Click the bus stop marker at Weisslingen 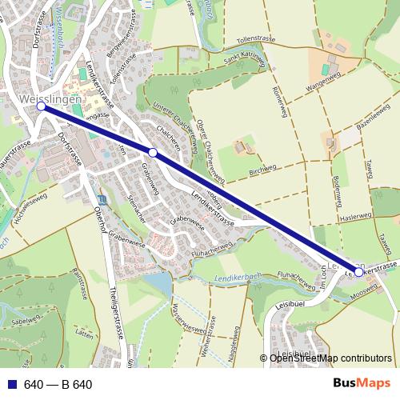pos(41,106)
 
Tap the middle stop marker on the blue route pos(152,151)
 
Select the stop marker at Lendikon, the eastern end pos(358,272)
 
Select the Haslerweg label pos(355,216)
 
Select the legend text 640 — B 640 pos(58,384)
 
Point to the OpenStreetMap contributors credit pos(330,358)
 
